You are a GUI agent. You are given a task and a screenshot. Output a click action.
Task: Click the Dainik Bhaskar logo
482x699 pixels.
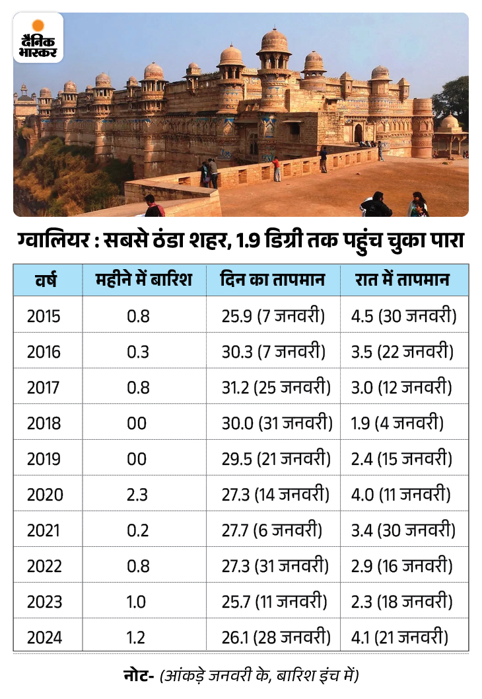tap(38, 38)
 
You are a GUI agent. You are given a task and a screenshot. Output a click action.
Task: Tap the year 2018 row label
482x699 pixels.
tap(44, 423)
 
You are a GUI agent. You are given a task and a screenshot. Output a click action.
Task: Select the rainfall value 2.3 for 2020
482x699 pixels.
tap(138, 495)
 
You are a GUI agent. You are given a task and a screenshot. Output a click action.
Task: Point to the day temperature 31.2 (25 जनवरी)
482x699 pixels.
tap(276, 388)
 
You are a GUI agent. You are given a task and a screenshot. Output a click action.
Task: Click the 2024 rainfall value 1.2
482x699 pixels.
tap(138, 637)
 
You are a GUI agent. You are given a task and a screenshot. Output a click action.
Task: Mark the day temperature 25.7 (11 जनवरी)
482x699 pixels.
tap(274, 602)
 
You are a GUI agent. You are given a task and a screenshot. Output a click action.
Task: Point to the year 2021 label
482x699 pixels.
tap(44, 530)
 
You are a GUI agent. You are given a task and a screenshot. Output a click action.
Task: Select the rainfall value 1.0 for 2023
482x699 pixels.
tap(138, 602)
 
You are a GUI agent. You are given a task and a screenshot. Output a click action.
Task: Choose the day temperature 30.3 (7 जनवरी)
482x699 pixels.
tap(273, 352)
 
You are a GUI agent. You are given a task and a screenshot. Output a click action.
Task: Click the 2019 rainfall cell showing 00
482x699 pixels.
tap(137, 459)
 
